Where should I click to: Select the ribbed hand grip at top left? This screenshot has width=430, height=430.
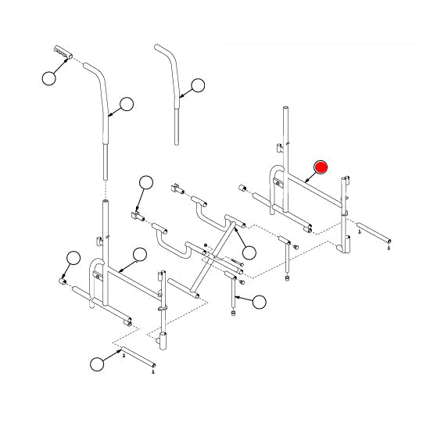pyautogui.click(x=63, y=52)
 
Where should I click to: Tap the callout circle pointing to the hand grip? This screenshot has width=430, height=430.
pyautogui.click(x=51, y=77)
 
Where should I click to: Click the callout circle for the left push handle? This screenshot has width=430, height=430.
pyautogui.click(x=126, y=103)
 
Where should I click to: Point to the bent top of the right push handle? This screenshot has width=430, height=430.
pyautogui.click(x=167, y=53)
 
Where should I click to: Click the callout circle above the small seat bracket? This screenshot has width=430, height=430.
pyautogui.click(x=145, y=184)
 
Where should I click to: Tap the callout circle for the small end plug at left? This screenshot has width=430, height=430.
pyautogui.click(x=73, y=257)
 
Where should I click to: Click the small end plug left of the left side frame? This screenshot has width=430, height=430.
pyautogui.click(x=63, y=278)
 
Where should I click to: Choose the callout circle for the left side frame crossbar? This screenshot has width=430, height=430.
pyautogui.click(x=140, y=253)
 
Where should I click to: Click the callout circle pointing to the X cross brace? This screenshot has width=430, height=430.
pyautogui.click(x=249, y=252)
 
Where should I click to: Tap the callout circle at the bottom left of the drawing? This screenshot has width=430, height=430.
pyautogui.click(x=97, y=364)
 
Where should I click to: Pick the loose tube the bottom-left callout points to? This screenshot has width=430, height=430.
pyautogui.click(x=139, y=360)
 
